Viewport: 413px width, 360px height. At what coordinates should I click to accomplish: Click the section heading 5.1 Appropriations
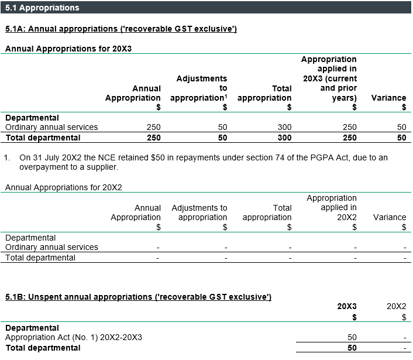[42, 8]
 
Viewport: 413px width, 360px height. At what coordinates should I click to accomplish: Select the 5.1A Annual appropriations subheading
[121, 29]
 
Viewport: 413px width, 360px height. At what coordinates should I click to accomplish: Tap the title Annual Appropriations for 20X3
[68, 49]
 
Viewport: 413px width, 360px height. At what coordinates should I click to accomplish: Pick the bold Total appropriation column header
[264, 93]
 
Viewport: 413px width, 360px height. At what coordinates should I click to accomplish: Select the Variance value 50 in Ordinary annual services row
[401, 127]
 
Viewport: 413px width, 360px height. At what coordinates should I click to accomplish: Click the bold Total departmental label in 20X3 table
[43, 138]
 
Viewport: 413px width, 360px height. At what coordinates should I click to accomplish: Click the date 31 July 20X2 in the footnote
[54, 157]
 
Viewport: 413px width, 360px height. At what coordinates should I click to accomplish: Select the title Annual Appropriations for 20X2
[67, 187]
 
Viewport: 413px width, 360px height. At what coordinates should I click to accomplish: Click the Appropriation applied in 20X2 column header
[331, 207]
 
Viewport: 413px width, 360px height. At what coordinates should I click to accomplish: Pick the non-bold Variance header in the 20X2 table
[389, 217]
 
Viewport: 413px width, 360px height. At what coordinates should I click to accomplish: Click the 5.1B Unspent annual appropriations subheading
[138, 297]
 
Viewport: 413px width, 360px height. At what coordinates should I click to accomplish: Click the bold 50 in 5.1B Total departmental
[351, 348]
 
